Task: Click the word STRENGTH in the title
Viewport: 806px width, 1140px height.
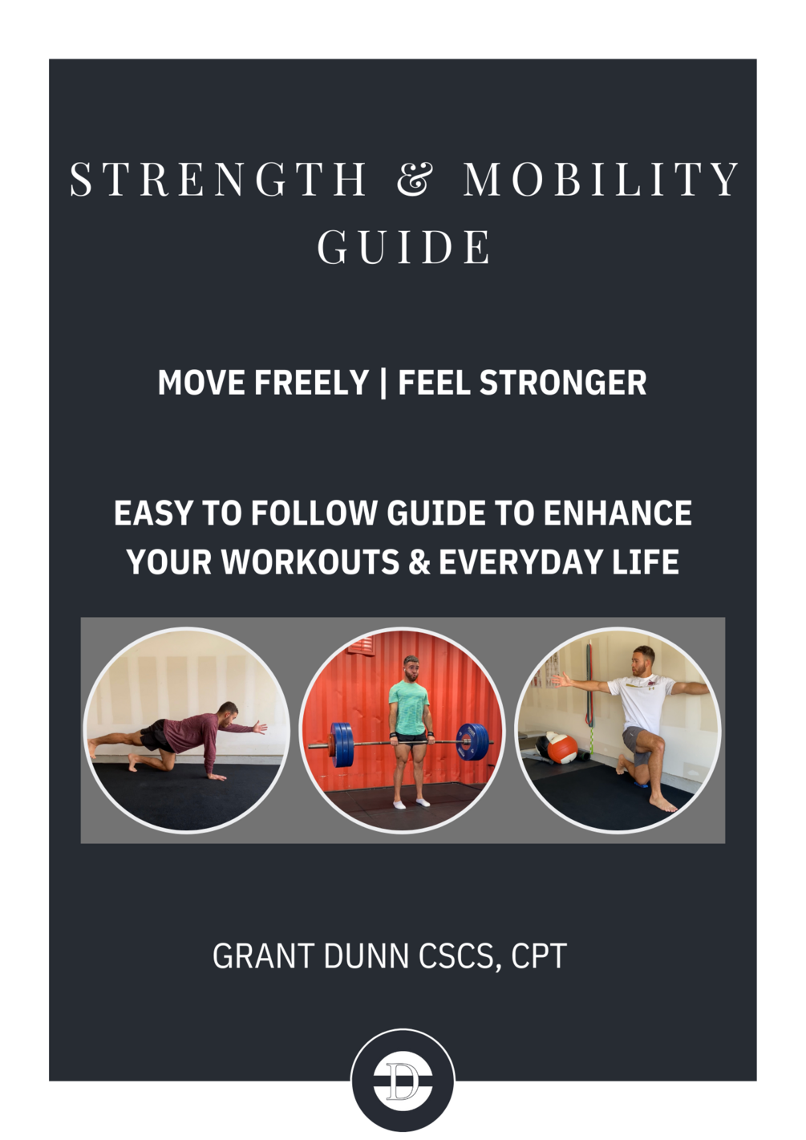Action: [218, 179]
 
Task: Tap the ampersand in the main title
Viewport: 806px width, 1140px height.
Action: [415, 179]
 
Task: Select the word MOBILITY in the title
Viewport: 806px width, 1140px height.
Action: [601, 179]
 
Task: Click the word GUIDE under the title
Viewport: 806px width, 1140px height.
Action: [403, 247]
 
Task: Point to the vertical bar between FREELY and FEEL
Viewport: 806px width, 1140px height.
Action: [383, 383]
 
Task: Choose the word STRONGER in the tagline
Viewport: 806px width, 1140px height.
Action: [563, 383]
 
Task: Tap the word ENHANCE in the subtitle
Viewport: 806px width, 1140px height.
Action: [618, 513]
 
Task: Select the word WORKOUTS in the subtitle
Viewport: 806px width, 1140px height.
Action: [310, 562]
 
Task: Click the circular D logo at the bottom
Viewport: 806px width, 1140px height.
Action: [403, 1080]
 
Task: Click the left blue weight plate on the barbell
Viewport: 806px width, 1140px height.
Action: [342, 740]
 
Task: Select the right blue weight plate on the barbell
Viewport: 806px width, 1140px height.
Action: [468, 740]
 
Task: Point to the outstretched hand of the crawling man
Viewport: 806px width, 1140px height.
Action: [259, 728]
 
